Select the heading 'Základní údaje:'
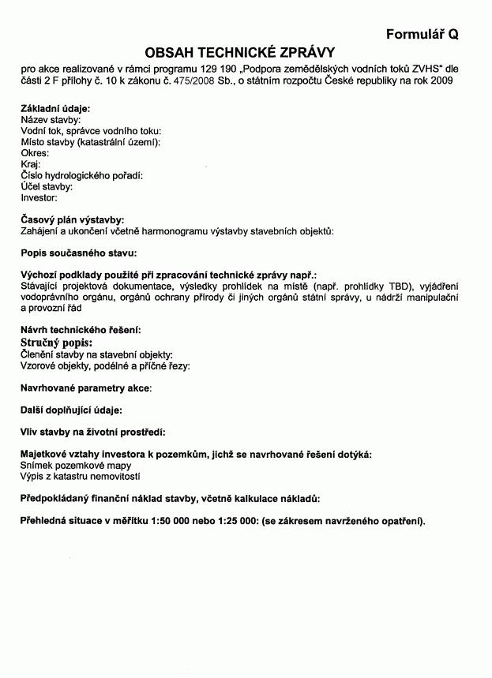(55, 108)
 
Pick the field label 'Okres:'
(35, 153)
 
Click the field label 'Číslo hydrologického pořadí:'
(81, 175)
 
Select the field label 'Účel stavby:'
(47, 186)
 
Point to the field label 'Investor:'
(39, 197)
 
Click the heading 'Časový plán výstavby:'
(72, 219)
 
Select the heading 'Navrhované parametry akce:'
(86, 388)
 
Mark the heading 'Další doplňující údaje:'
(71, 410)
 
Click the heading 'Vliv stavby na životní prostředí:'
(92, 432)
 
